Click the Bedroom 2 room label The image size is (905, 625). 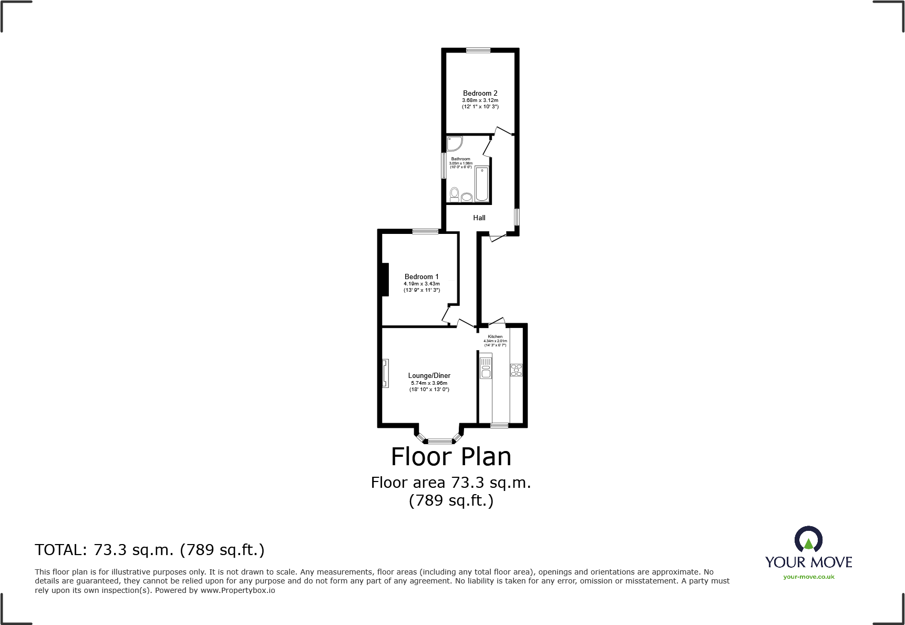(480, 93)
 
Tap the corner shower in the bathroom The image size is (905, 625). (454, 142)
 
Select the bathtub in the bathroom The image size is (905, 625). (481, 184)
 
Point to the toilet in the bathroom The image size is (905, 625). (455, 194)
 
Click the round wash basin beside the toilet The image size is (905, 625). (467, 197)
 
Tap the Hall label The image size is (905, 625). (479, 218)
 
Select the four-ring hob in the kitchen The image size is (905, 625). (516, 370)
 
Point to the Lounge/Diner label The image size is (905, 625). (429, 375)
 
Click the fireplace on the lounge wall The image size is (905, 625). (385, 373)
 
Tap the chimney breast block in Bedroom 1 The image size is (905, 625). (385, 279)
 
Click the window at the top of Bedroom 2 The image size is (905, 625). (478, 50)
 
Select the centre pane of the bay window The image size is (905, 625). (440, 441)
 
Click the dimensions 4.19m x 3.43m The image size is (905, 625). (421, 284)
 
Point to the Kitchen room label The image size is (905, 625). (495, 336)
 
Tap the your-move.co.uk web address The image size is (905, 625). (808, 577)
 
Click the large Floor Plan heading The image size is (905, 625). (451, 456)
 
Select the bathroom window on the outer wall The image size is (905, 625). (444, 166)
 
